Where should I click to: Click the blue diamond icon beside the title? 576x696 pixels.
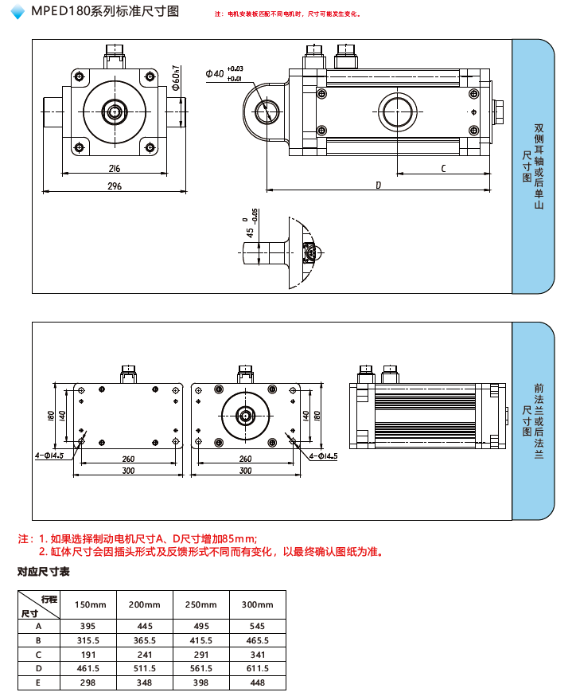(x=18, y=12)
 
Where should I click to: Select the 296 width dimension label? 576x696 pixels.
(x=114, y=186)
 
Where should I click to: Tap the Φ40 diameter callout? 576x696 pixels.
(x=215, y=73)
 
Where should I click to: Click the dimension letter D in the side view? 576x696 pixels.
(x=379, y=185)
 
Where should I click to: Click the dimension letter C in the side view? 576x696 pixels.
(x=442, y=167)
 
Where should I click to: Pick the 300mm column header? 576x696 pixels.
(x=257, y=604)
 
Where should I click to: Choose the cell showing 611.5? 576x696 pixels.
(x=257, y=668)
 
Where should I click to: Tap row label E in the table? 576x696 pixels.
(x=38, y=682)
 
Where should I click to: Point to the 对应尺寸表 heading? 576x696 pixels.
(x=44, y=572)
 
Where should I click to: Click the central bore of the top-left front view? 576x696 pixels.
(x=115, y=111)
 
